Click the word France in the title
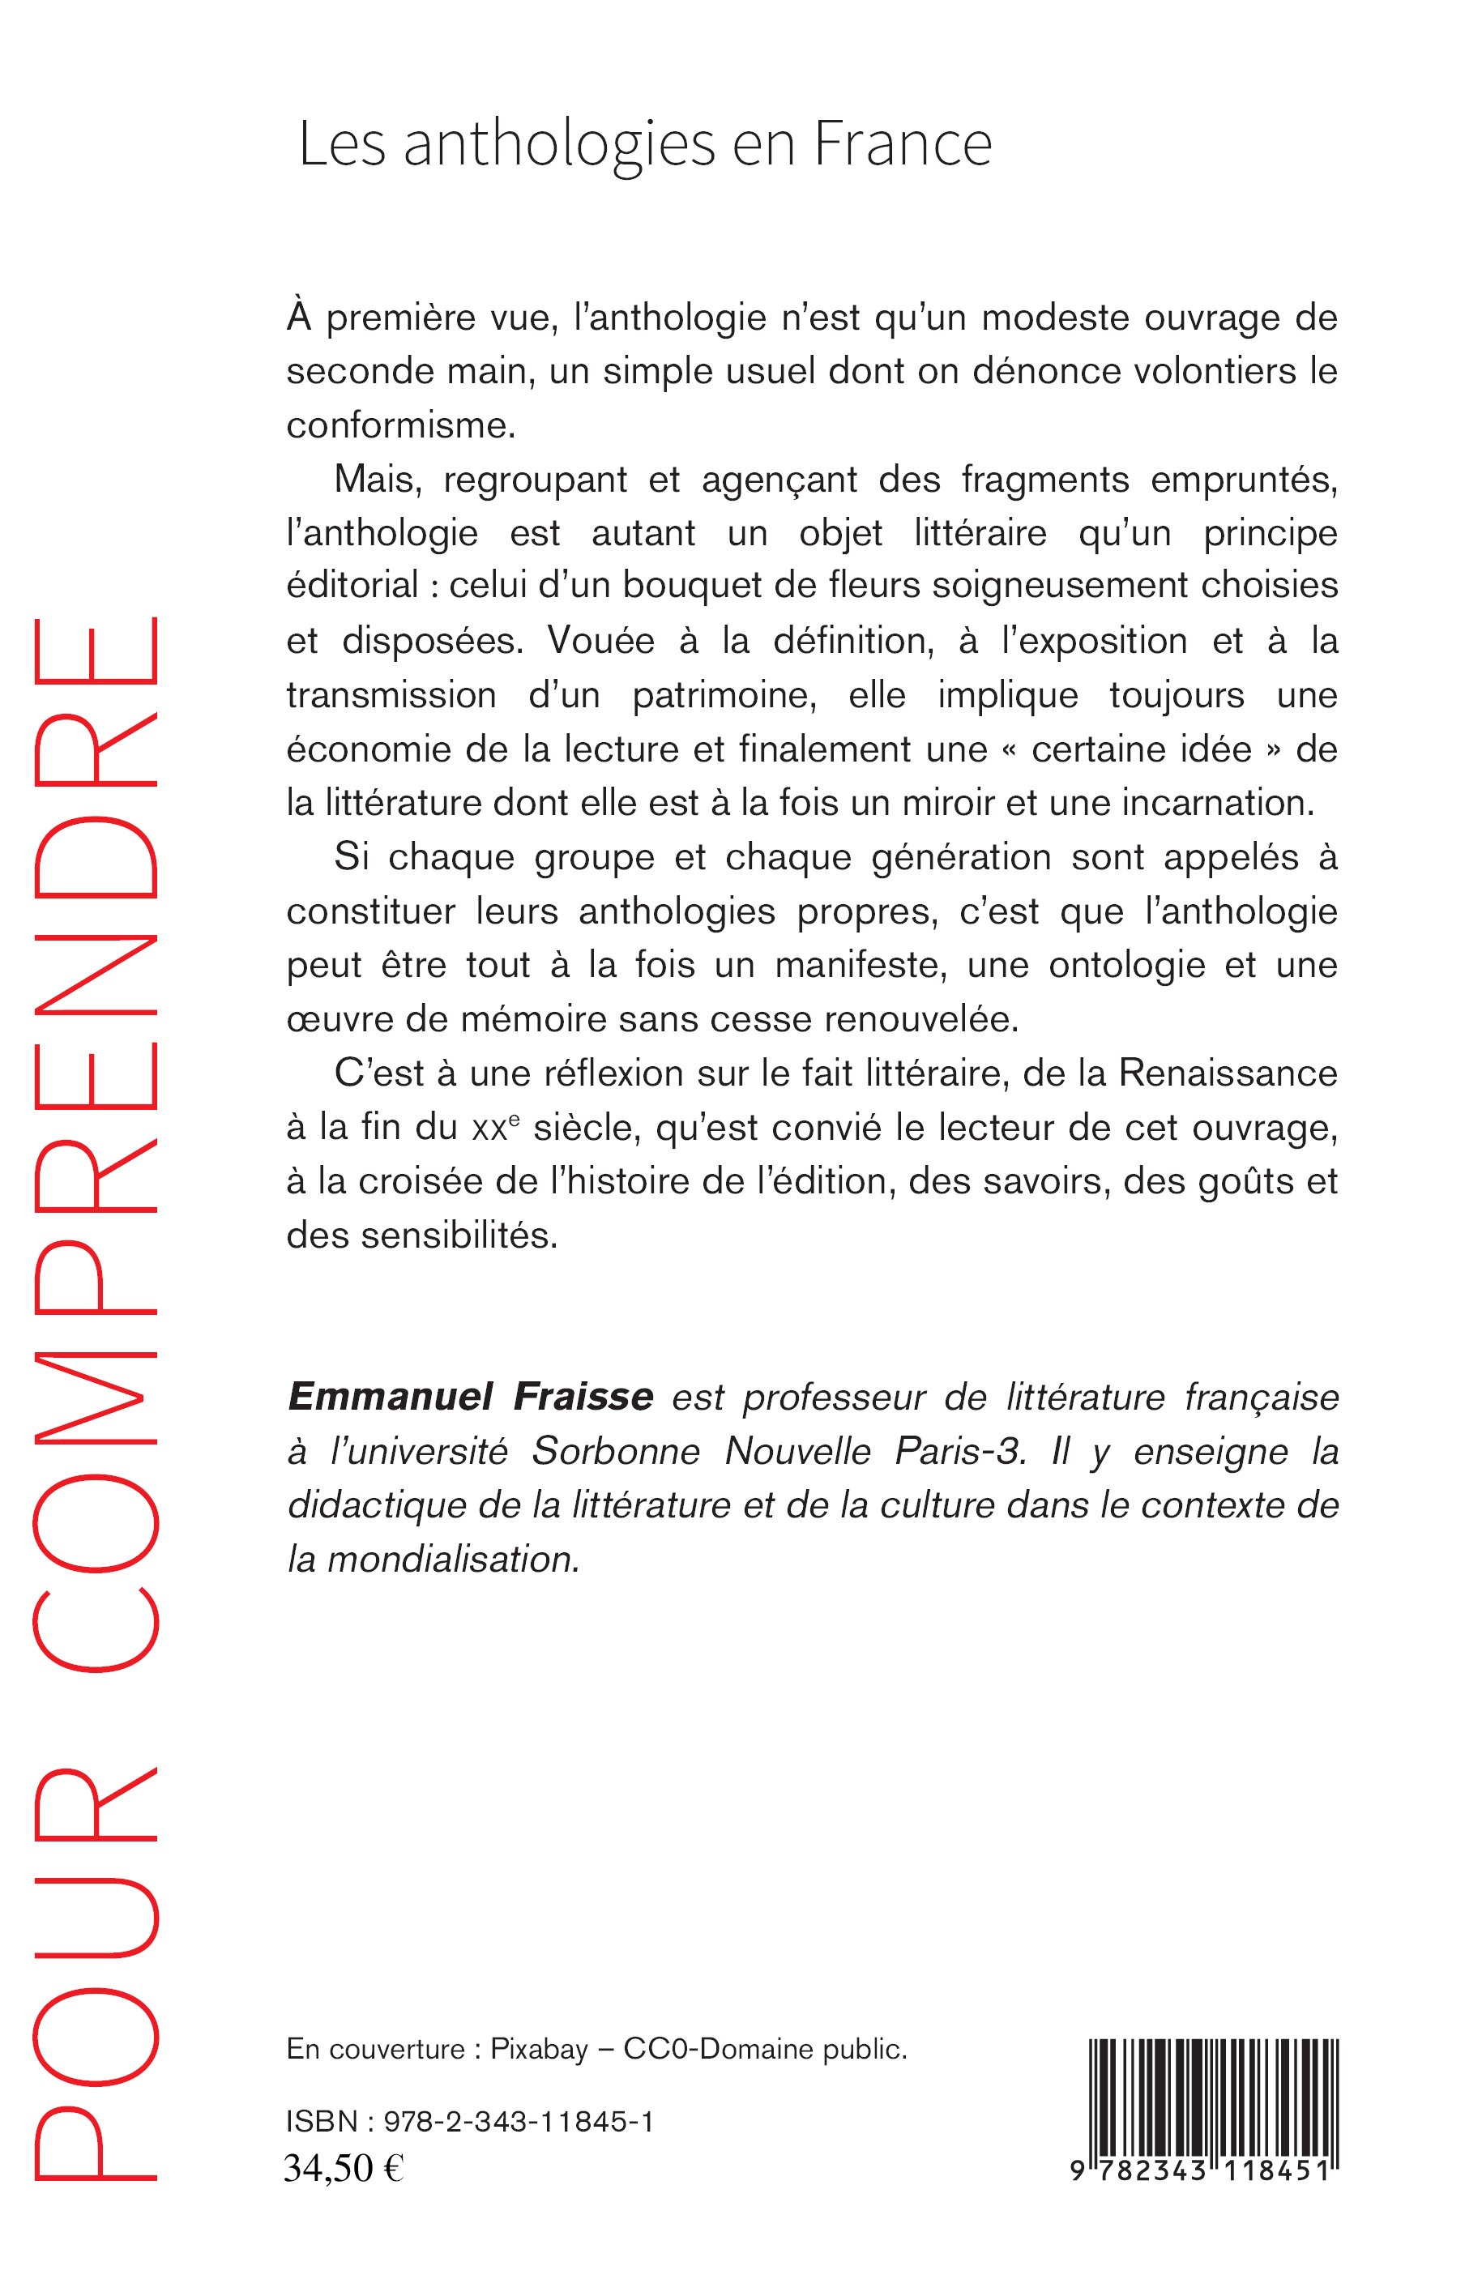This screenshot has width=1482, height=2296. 902,144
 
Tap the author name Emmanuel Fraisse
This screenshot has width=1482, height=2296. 471,1395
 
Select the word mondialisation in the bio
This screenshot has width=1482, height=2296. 453,1559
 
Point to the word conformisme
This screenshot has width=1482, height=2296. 401,425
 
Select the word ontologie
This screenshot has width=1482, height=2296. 1127,965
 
